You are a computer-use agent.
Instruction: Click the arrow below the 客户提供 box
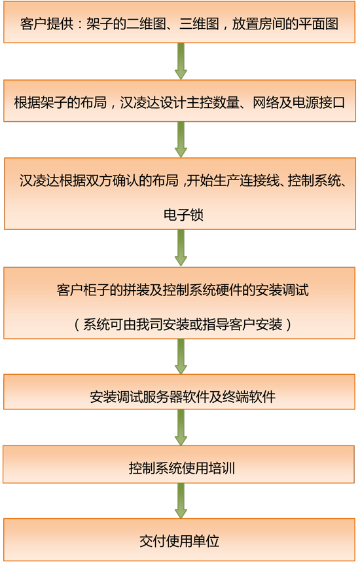[x=181, y=61]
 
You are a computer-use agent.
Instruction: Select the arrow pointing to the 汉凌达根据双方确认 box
[x=181, y=140]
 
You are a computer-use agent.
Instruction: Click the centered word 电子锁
[x=183, y=215]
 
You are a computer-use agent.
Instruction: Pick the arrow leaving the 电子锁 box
[x=181, y=248]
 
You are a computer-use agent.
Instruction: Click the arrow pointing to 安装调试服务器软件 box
[x=181, y=357]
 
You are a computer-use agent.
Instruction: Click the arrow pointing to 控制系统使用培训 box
[x=181, y=428]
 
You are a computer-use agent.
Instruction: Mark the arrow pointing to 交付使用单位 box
[x=181, y=500]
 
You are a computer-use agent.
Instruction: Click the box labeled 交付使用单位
[x=179, y=540]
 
